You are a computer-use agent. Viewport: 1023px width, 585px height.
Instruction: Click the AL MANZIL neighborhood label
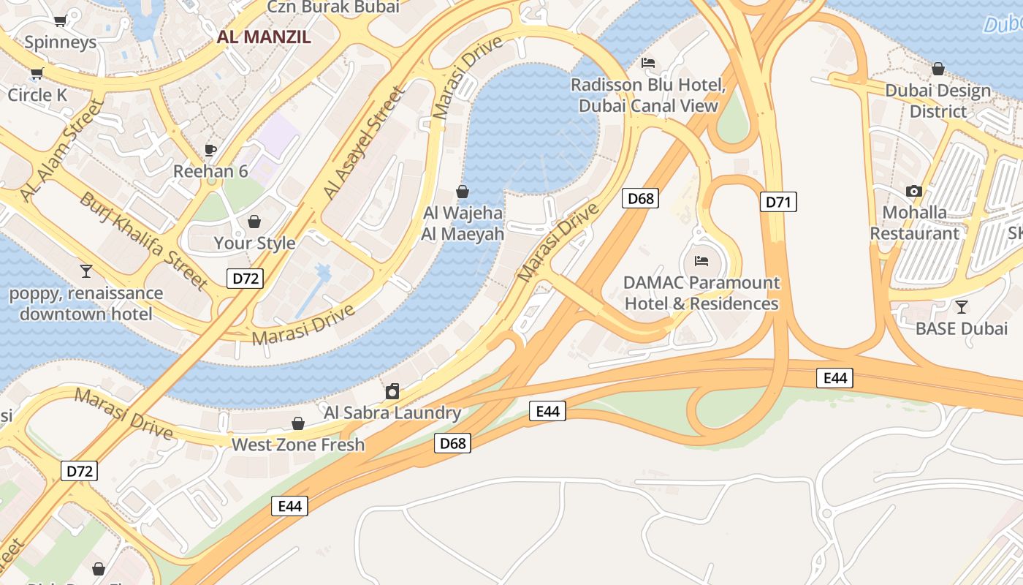pyautogui.click(x=264, y=37)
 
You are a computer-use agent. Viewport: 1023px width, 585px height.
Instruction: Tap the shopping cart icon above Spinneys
pyautogui.click(x=61, y=20)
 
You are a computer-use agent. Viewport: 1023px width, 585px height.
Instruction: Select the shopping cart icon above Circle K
pyautogui.click(x=37, y=73)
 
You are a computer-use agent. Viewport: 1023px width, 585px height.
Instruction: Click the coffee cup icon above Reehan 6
pyautogui.click(x=210, y=150)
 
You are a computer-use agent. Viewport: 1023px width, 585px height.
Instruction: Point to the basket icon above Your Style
pyautogui.click(x=254, y=221)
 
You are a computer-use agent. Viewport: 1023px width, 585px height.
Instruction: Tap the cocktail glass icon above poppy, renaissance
pyautogui.click(x=86, y=271)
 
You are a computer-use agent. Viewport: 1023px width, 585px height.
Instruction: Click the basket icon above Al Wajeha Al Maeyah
pyautogui.click(x=463, y=192)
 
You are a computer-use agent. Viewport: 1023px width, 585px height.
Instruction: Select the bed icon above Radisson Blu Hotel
pyautogui.click(x=648, y=63)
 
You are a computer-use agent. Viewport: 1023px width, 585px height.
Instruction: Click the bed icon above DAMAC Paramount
pyautogui.click(x=701, y=260)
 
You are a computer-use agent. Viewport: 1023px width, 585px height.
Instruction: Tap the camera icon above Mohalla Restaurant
pyautogui.click(x=913, y=191)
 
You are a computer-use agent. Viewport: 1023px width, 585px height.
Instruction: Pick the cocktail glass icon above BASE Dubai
pyautogui.click(x=962, y=306)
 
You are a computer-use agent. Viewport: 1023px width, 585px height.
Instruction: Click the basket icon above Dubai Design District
pyautogui.click(x=938, y=69)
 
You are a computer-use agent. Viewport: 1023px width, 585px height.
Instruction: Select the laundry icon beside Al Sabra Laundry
pyautogui.click(x=392, y=391)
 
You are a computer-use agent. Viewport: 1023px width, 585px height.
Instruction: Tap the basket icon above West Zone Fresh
pyautogui.click(x=298, y=423)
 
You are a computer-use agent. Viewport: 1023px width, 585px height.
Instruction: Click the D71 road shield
pyautogui.click(x=778, y=202)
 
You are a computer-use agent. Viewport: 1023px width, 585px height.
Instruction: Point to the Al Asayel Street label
pyautogui.click(x=363, y=143)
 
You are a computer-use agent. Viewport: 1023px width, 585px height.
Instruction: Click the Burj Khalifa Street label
pyautogui.click(x=144, y=239)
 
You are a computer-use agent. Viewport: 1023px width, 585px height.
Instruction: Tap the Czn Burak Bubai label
pyautogui.click(x=333, y=7)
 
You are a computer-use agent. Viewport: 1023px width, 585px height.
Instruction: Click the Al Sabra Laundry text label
pyautogui.click(x=392, y=412)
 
